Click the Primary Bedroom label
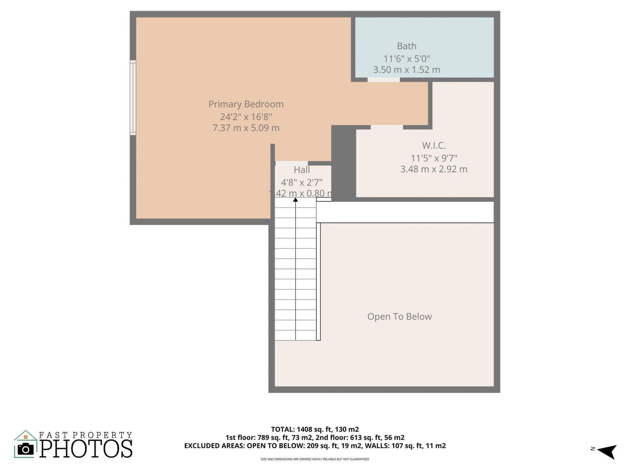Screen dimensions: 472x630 tap(246, 104)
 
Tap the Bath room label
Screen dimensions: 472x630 tap(407, 46)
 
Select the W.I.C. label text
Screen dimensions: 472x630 tap(433, 146)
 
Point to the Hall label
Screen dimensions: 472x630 tap(302, 170)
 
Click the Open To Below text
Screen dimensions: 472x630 tap(399, 317)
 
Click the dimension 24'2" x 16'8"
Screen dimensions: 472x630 tap(246, 117)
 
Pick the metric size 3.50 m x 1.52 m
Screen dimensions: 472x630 tap(407, 70)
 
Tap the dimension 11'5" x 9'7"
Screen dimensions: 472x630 tap(433, 158)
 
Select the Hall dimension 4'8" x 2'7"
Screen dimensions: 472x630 tap(302, 182)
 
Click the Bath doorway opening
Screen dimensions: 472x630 tap(383, 80)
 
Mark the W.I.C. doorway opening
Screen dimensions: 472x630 tap(387, 127)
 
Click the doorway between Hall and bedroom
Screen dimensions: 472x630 tap(291, 163)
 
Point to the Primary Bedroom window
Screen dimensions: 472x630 tap(133, 98)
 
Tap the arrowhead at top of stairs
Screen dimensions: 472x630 tap(295, 200)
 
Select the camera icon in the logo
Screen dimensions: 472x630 tap(26, 449)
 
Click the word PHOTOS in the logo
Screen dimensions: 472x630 tap(86, 449)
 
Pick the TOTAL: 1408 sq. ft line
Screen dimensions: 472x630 tap(315, 429)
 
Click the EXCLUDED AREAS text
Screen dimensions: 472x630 tap(214, 446)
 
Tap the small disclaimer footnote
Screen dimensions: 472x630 tap(315, 459)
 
